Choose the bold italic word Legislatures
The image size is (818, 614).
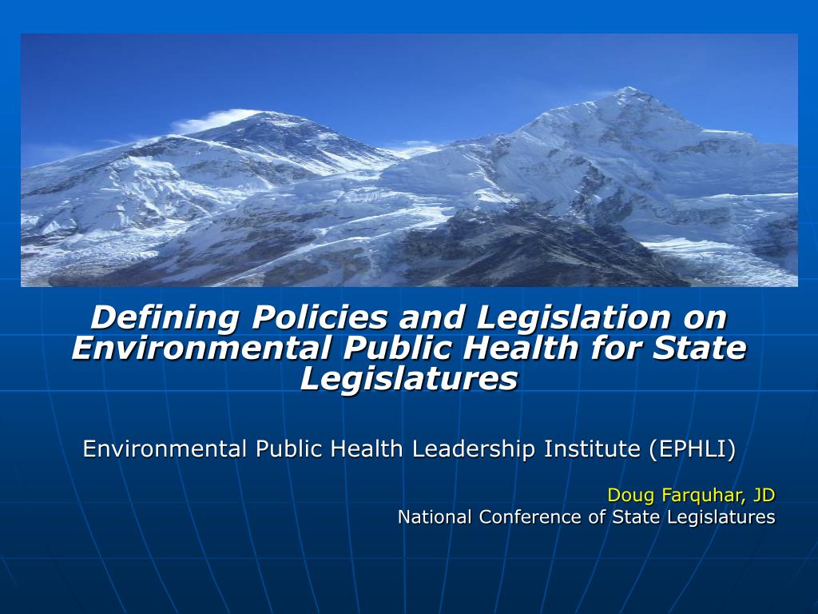click(409, 378)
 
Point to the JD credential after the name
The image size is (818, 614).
click(763, 495)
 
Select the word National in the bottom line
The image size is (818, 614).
click(436, 517)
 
